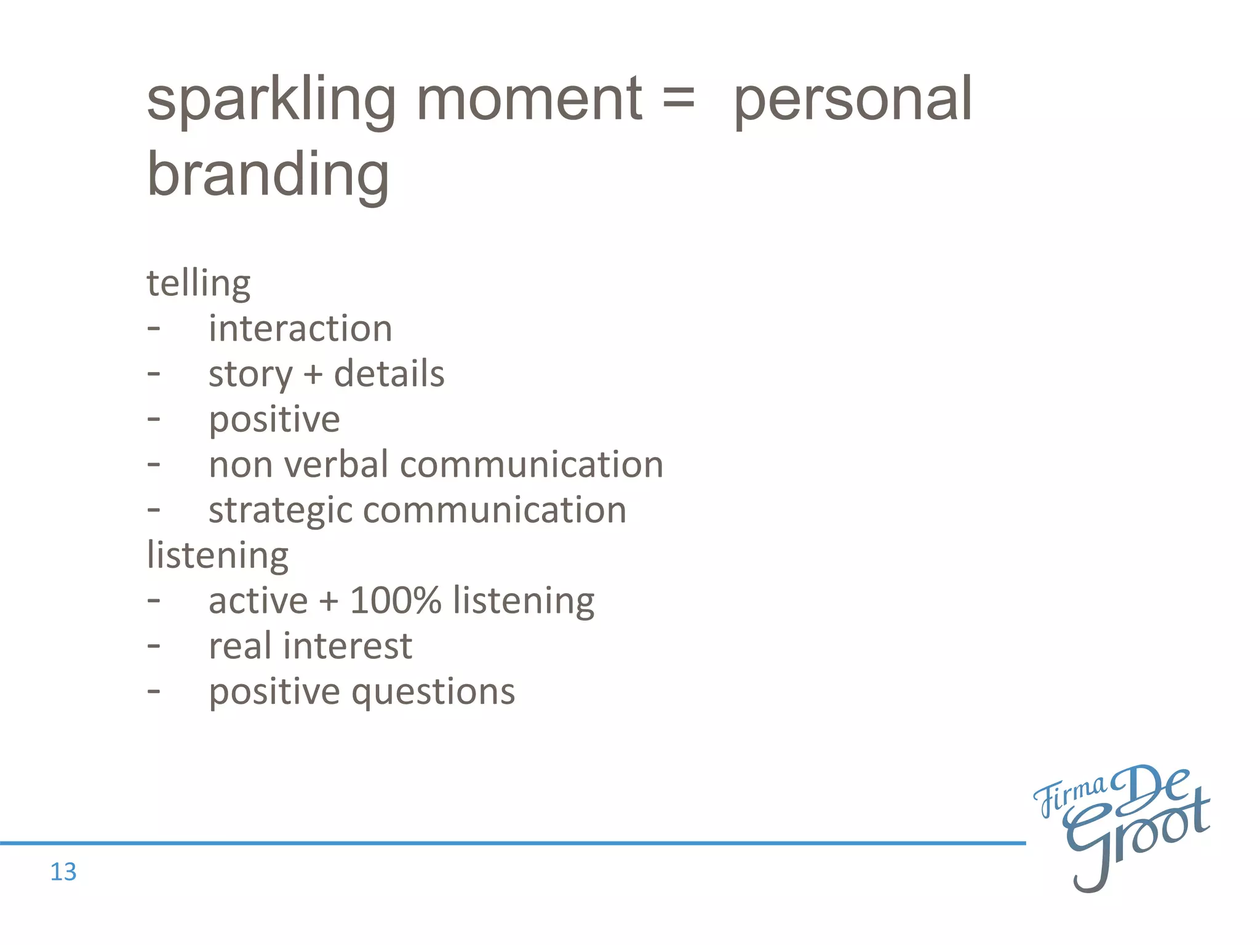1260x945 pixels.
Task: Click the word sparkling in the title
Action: [x=271, y=102]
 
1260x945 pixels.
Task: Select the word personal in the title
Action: [x=853, y=102]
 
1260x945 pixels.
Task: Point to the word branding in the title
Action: [x=268, y=175]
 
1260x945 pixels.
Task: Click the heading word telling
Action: [x=198, y=284]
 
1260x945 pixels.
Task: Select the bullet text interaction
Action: [x=300, y=329]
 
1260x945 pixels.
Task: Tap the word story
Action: [x=250, y=375]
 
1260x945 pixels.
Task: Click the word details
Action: [x=389, y=373]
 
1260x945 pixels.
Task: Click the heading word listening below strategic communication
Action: [x=217, y=556]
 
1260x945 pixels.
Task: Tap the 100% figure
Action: [x=396, y=600]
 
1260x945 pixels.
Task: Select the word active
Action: [x=258, y=600]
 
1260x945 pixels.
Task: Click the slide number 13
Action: [x=63, y=872]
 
